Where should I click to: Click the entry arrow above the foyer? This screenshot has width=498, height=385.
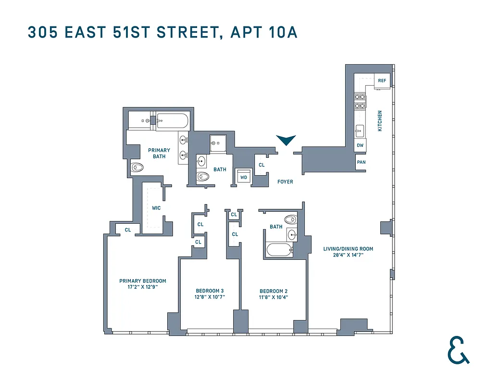pos(286,140)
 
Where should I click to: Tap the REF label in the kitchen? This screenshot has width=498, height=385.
pos(382,80)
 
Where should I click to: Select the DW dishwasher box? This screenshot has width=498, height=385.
pos(360,145)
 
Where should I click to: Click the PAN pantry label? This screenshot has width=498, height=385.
pos(361,162)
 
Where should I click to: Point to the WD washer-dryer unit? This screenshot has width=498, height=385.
pos(244,177)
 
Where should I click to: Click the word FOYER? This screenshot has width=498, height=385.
pos(285,182)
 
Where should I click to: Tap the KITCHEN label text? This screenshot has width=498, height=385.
pos(380,121)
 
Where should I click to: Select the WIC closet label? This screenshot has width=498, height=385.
pos(156,208)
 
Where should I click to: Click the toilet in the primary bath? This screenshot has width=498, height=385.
pos(137,168)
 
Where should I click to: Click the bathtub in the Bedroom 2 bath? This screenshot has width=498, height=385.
pos(279,250)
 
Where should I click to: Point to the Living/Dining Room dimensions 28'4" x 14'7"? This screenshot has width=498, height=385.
pos(348,255)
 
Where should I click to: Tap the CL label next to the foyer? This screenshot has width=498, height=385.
pos(261,165)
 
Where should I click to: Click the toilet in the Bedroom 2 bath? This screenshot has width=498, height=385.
pos(291,219)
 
